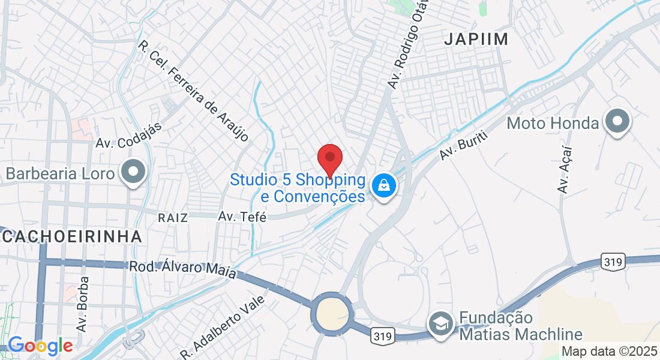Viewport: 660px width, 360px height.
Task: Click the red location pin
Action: click(329, 159)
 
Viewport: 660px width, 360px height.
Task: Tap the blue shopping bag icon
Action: click(383, 185)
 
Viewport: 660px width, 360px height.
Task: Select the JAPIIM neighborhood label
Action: click(476, 40)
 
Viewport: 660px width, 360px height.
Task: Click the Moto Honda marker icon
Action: click(617, 122)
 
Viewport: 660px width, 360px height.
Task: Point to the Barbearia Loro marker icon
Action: click(133, 173)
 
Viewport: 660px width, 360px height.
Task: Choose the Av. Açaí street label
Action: click(565, 169)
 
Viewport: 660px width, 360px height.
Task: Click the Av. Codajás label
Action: click(121, 143)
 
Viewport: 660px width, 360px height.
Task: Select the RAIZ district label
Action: click(173, 217)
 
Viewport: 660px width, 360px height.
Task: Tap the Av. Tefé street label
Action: click(242, 217)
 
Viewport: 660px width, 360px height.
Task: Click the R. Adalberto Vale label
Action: click(223, 326)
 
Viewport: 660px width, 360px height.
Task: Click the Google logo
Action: click(40, 346)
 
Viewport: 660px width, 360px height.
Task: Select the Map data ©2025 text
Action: click(610, 352)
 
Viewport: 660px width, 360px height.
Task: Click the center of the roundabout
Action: click(331, 313)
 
